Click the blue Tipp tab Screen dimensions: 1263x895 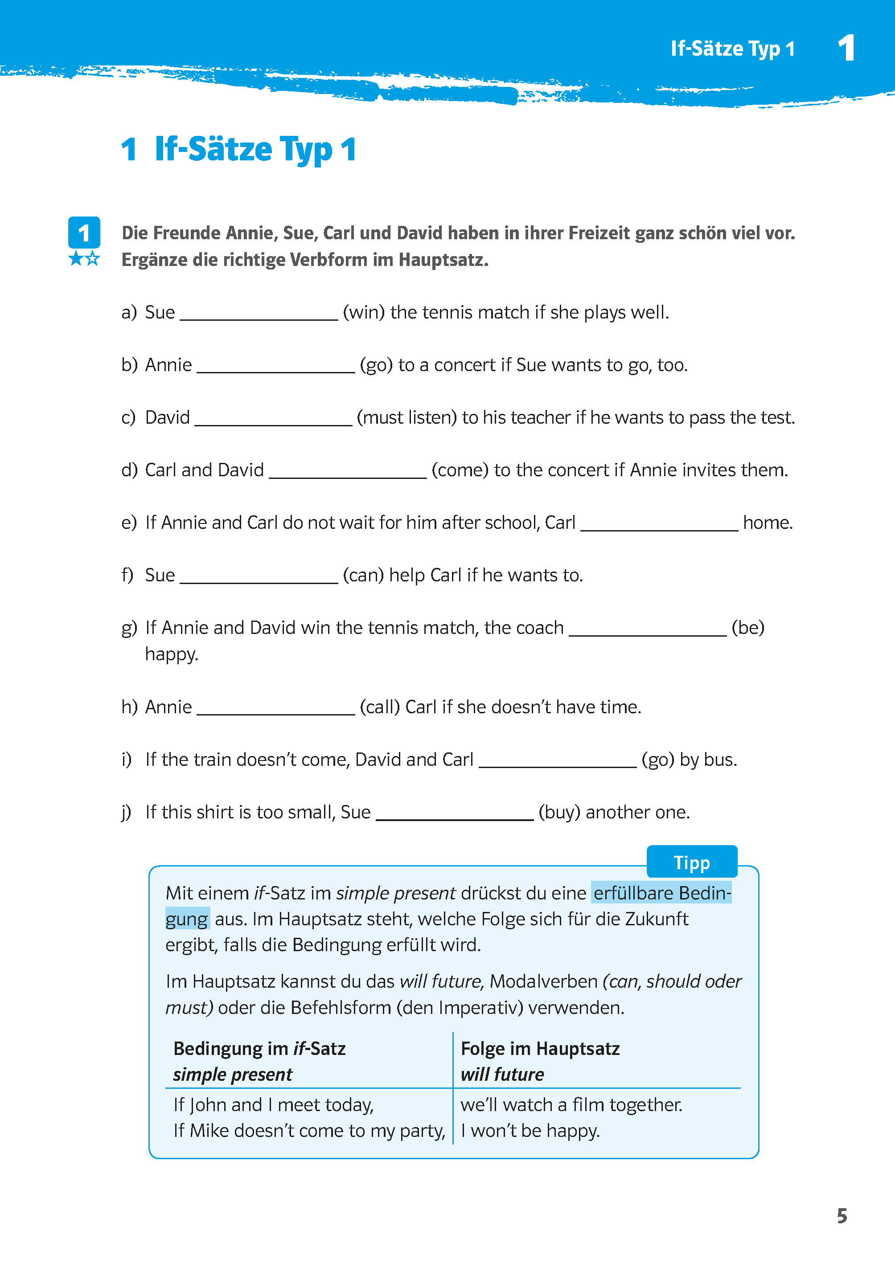pos(691,862)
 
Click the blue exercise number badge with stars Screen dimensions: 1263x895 pos(84,240)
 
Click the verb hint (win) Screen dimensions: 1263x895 pos(364,312)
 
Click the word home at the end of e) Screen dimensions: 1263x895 pos(767,523)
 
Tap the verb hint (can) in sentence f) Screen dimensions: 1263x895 pos(363,575)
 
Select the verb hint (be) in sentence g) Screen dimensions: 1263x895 pos(747,627)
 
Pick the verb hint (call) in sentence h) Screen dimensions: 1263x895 pos(380,707)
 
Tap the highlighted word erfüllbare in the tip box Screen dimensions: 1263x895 pos(633,893)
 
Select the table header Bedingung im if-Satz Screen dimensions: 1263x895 pos(259,1049)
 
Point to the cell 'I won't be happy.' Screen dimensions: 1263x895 pos(530,1131)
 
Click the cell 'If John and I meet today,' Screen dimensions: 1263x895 pos(273,1105)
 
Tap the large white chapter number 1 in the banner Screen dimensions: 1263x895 pos(846,48)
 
